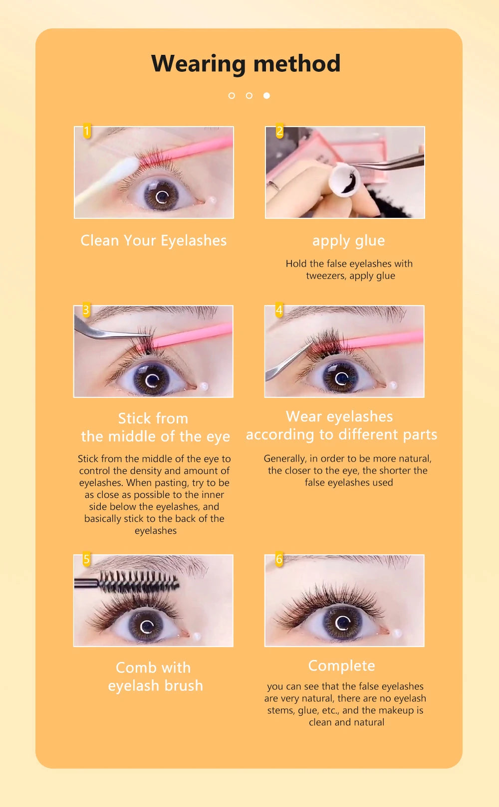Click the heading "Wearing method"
246,64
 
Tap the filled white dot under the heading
266,95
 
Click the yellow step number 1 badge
87,132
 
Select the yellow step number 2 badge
279,132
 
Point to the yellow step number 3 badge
86,311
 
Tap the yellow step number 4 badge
279,311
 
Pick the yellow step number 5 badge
86,559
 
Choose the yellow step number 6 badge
279,559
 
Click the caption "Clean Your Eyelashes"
154,241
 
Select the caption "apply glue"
348,241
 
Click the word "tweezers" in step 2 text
325,276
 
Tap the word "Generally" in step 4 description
284,459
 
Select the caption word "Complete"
342,666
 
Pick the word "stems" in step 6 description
281,710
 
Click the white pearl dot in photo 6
397,634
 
